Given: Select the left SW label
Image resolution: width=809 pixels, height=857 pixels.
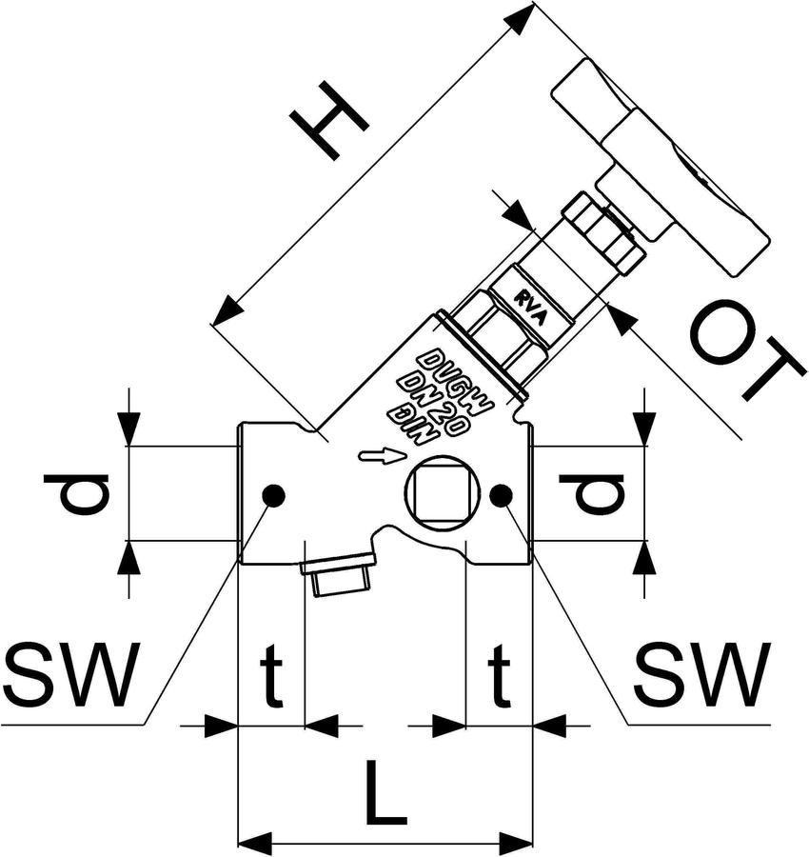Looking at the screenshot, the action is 69,674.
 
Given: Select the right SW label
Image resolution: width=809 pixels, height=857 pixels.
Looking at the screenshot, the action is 703,674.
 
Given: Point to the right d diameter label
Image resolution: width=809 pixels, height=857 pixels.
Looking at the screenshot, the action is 591,493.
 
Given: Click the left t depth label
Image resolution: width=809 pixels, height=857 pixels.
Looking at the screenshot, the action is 271,676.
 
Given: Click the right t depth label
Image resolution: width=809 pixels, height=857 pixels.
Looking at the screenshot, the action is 499,676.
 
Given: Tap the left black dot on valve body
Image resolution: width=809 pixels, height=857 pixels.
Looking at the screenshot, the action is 273,495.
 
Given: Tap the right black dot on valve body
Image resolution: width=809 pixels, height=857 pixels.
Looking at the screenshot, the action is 501,495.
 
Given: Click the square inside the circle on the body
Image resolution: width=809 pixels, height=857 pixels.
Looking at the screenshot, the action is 442,493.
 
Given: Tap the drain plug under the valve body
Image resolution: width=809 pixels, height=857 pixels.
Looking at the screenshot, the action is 339,573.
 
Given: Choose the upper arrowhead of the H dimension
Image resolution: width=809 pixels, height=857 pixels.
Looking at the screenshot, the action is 520,19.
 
